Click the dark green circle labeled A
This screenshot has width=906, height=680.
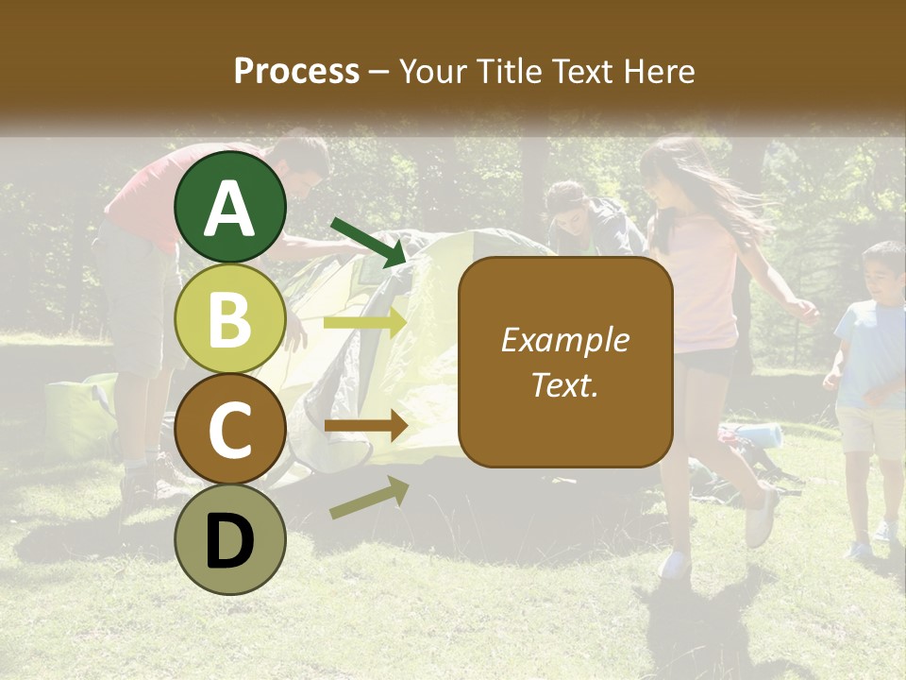[x=229, y=208]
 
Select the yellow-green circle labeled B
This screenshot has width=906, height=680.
[x=229, y=318]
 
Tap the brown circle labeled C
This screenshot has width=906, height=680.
[x=229, y=429]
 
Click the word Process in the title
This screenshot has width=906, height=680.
[x=296, y=71]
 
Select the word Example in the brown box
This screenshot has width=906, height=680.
[x=564, y=340]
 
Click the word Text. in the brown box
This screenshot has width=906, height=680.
[x=564, y=384]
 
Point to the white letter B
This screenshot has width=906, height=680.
[x=229, y=318]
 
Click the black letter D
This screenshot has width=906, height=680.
[x=229, y=540]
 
